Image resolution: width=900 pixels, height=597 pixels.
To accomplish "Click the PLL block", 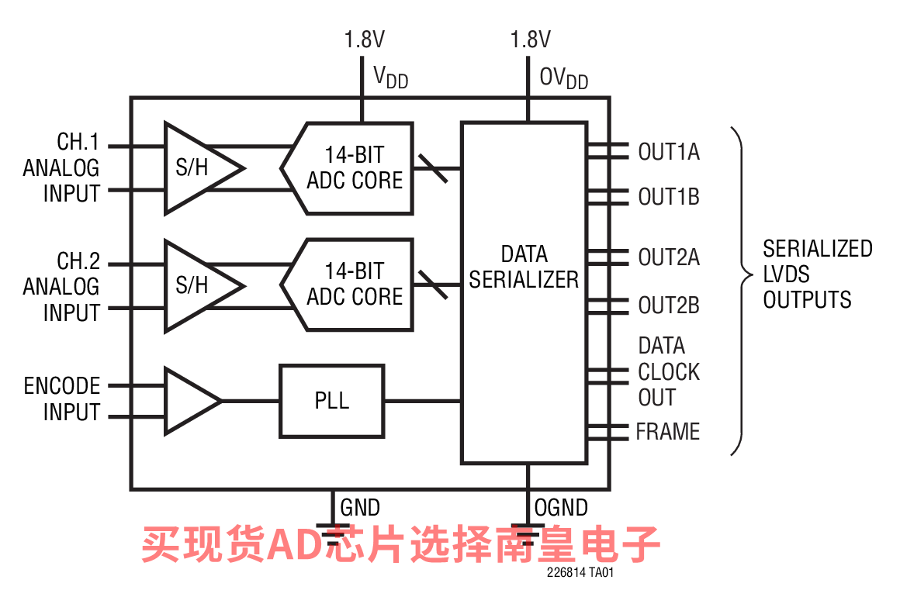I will pos(331,401).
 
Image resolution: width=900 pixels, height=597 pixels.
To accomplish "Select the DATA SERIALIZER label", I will pos(524,267).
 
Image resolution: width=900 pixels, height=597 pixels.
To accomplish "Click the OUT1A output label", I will pos(668,152).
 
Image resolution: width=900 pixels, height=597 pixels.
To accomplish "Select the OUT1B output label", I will pos(668,197).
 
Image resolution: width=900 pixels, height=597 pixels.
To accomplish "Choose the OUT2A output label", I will pos(668,257).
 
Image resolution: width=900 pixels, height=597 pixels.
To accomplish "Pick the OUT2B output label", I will pos(668,305).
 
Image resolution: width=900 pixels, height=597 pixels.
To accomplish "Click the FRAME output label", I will pos(667,431).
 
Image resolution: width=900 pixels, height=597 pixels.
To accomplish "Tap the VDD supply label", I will pos(390,77).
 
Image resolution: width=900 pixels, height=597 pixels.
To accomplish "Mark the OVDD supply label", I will pos(563,77).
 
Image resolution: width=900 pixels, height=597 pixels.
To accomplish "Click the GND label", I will pos(360,508).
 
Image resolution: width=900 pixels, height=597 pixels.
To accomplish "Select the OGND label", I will pos(560,508).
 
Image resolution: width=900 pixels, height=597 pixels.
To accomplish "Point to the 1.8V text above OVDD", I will pos(531,39).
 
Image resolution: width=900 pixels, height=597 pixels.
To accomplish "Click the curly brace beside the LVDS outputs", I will pos(742,291).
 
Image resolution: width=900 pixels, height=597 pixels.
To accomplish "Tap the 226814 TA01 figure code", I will pos(580,574).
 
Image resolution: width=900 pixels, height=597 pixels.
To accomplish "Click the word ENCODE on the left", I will pos(62,386).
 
